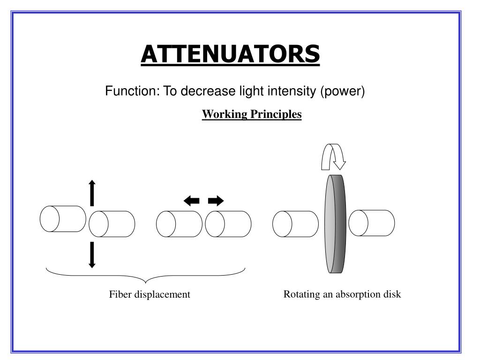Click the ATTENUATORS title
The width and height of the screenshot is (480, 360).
[x=230, y=54]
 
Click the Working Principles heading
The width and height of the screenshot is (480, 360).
[x=252, y=114]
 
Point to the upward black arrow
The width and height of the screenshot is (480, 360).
[x=92, y=192]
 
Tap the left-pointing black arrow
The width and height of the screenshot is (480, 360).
[x=192, y=201]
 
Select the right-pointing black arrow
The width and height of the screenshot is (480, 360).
[x=216, y=201]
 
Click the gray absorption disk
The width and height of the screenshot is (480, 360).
[x=335, y=224]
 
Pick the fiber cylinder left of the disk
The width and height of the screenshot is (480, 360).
[x=295, y=224]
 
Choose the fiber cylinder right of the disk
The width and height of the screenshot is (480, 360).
[x=372, y=223]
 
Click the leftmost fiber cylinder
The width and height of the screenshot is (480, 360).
[x=63, y=218]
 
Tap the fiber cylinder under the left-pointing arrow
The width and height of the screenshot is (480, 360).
[x=180, y=224]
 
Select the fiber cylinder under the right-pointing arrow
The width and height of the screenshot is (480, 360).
[x=228, y=224]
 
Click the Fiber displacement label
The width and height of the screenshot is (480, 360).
[x=150, y=294]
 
